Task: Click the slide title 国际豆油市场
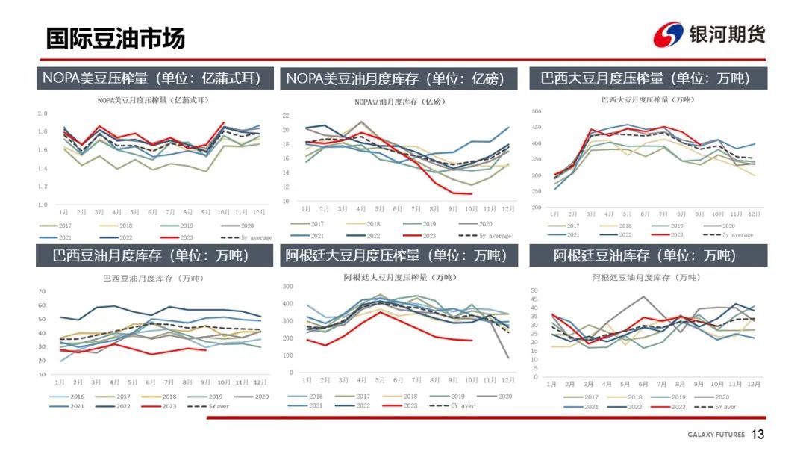coord(116,37)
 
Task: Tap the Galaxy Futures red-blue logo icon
coord(668,34)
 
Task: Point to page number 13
coord(758,435)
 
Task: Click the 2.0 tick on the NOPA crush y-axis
coord(43,113)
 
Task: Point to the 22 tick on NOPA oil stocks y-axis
coord(286,116)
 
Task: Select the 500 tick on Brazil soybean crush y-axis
coord(535,111)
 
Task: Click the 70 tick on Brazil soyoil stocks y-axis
coord(42,291)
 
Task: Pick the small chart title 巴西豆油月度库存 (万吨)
coord(152,278)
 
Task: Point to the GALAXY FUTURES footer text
coord(714,435)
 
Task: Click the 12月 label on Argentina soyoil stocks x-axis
coord(755,384)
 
